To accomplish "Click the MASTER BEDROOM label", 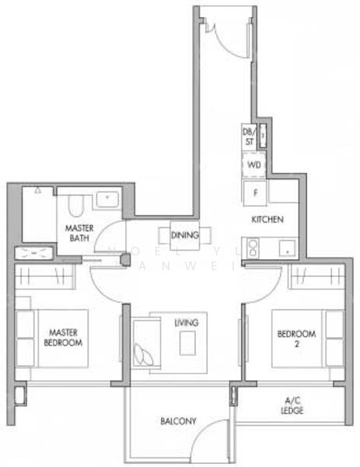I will coord(62,338).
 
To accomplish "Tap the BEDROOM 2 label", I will coord(296,338).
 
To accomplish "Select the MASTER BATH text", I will coord(79,233).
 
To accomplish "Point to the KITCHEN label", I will coord(266,220).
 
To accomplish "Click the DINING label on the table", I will coord(185,235).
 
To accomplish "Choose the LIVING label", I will coord(186,322).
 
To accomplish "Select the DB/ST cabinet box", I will coord(249,136).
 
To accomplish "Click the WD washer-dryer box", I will coord(254,166).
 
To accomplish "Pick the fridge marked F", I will coord(254,191).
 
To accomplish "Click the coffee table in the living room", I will coord(187,343).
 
